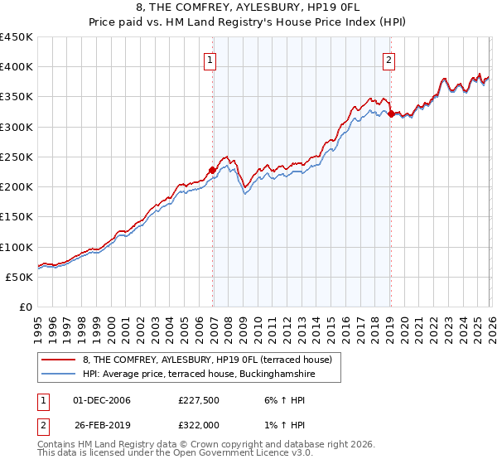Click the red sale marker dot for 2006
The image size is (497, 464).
(212, 171)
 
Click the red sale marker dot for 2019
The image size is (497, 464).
(391, 114)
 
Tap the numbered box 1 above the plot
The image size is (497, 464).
(211, 60)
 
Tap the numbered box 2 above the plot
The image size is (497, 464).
(389, 60)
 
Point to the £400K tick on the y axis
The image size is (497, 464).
(17, 67)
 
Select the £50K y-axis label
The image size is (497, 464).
(20, 277)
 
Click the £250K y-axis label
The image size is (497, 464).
(17, 157)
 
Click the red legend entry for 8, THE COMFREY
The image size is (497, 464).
(207, 360)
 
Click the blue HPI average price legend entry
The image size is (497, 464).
(199, 375)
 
